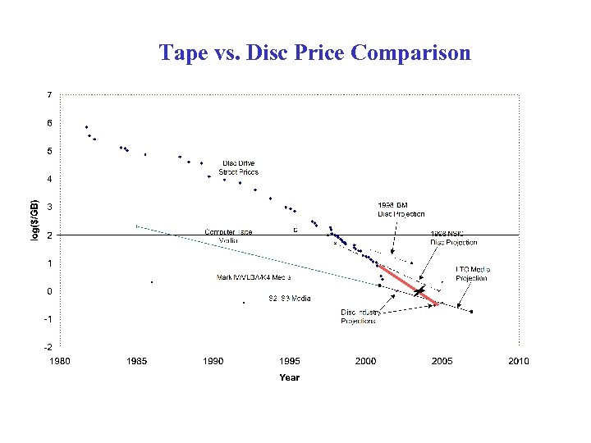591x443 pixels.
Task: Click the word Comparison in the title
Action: [x=410, y=53]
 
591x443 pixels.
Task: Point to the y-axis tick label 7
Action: [x=49, y=95]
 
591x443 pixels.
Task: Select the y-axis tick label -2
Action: [x=48, y=347]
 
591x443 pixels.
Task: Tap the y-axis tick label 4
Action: [x=49, y=179]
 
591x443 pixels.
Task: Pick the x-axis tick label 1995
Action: [x=290, y=361]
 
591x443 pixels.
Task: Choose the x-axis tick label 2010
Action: [x=518, y=361]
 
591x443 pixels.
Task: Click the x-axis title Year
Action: [x=289, y=377]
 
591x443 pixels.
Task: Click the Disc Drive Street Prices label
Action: [x=239, y=167]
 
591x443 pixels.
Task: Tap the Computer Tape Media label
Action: [x=229, y=236]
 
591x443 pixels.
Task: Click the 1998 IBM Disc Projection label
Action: [x=401, y=209]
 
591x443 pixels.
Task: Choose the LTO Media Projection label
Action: [x=471, y=273]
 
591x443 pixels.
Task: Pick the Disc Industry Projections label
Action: [x=360, y=317]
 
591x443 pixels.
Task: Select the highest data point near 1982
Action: [x=86, y=127]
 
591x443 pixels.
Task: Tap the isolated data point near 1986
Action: [x=152, y=282]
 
